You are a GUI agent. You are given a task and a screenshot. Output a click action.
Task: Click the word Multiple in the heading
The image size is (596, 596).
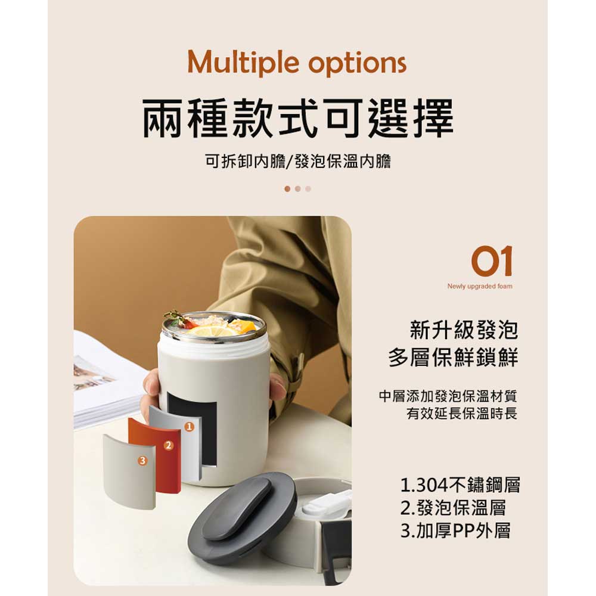243,63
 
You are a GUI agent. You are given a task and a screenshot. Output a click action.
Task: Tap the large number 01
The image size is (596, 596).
492,261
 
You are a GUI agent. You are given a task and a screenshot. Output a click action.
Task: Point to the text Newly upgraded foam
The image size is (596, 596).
480,286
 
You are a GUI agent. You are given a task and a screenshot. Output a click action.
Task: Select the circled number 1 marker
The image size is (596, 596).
189,427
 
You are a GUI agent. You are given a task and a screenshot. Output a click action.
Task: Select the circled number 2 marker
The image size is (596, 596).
169,445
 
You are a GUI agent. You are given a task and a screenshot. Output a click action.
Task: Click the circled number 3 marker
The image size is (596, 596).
142,461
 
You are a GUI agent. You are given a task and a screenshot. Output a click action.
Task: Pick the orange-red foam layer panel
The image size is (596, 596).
154,454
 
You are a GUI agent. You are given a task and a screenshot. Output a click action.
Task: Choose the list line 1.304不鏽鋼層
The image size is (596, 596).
460,485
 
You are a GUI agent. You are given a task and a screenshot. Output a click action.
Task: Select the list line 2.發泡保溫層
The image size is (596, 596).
453,508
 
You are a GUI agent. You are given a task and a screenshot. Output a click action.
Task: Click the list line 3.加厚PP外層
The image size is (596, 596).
455,530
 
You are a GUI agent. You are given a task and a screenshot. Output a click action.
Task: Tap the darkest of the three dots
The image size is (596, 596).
287,189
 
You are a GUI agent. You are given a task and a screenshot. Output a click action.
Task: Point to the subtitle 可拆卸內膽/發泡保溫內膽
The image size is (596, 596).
298,161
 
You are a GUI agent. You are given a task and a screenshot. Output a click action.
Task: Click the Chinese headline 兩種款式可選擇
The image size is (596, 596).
298,118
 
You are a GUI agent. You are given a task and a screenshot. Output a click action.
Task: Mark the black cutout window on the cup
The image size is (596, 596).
193,427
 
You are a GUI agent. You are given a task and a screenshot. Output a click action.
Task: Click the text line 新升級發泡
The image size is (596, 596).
464,330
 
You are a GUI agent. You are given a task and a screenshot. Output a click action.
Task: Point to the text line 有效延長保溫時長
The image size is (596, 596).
462,413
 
